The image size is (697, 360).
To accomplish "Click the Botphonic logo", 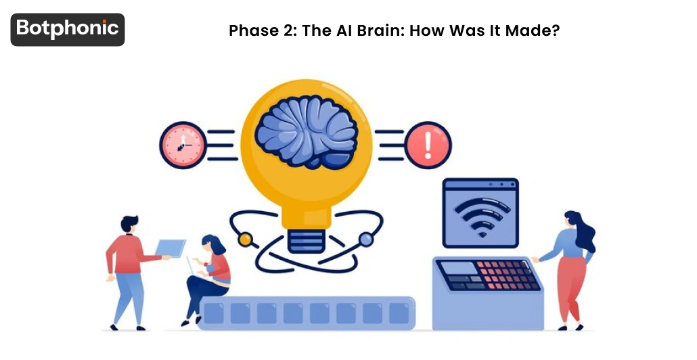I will [68, 29].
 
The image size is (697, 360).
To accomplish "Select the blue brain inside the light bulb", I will [307, 133].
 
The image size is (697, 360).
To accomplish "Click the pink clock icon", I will [182, 145].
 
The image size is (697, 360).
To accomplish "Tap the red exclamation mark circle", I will [428, 145].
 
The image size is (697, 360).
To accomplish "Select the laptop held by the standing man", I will [171, 247].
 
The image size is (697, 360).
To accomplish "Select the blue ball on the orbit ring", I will [365, 238].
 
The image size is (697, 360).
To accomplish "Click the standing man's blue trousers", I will [127, 298].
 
